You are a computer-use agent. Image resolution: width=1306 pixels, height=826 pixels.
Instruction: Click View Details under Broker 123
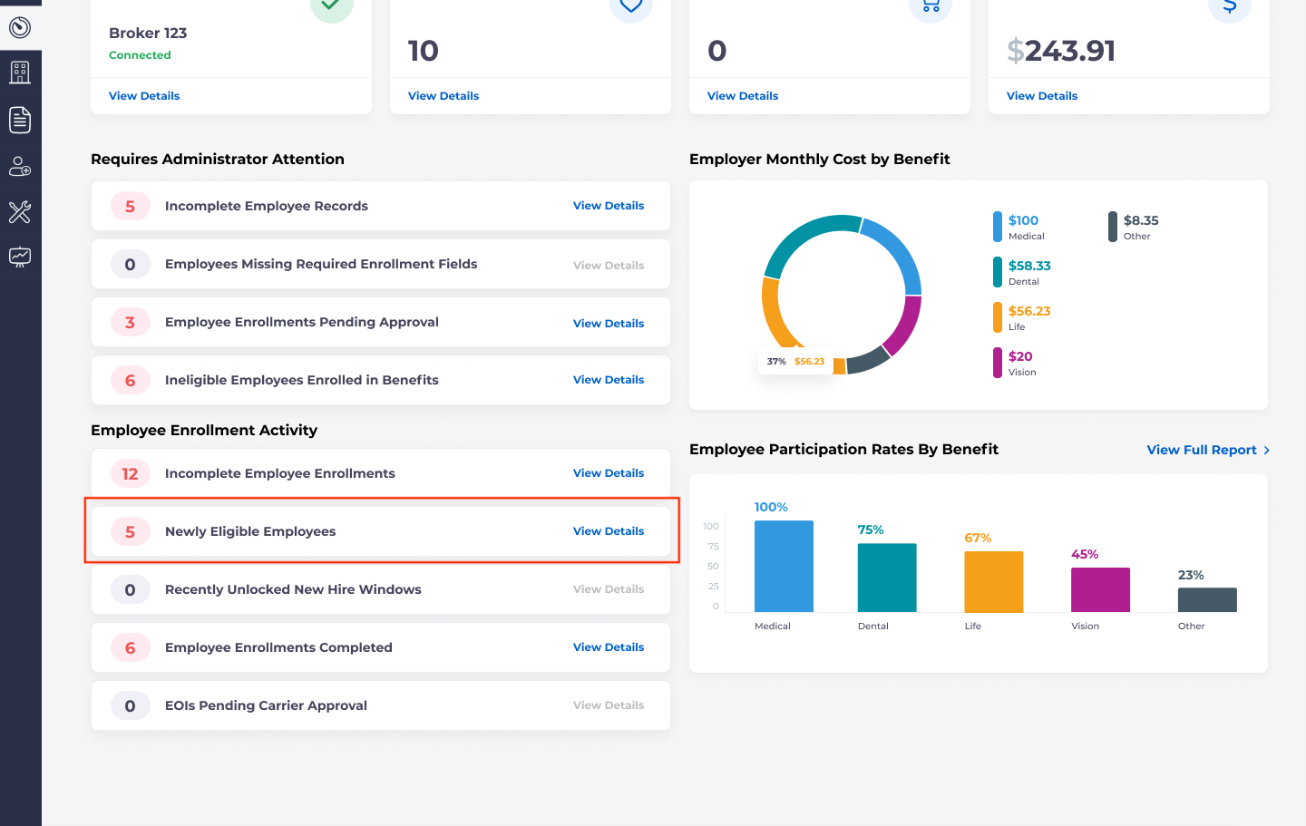pos(144,96)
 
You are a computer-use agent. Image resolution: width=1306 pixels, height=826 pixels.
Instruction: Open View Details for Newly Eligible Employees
pos(608,531)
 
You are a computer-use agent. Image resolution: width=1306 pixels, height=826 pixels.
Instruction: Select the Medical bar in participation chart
pos(784,566)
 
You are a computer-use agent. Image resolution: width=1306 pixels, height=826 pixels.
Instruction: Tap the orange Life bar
pos(993,581)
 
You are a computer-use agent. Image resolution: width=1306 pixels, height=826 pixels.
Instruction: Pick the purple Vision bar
pos(1100,589)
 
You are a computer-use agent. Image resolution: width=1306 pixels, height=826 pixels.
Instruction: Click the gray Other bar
pos(1206,599)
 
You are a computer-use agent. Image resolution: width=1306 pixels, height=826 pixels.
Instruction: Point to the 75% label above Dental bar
pos(871,530)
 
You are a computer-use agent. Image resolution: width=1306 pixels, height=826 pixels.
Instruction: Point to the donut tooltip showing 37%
pos(795,362)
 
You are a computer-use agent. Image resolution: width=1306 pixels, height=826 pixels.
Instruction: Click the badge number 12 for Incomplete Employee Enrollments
pos(130,473)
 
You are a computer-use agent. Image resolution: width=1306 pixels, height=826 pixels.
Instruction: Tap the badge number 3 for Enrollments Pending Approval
pos(130,323)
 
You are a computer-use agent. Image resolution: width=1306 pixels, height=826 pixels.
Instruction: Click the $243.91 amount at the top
pos(1061,51)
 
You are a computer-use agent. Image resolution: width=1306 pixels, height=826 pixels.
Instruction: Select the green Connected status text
pos(140,55)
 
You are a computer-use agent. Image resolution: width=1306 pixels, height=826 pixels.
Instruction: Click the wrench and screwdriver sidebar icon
pos(20,212)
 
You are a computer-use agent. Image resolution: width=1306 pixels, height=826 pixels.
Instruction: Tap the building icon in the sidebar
pos(20,73)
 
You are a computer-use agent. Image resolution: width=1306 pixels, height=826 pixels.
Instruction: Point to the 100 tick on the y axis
pos(711,527)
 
